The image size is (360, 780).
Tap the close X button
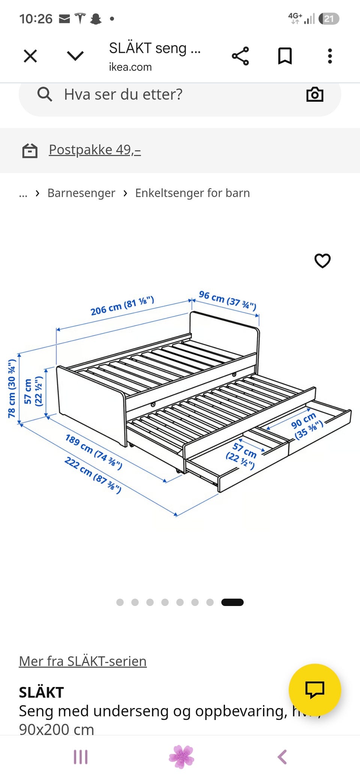30,56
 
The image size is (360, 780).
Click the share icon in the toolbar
240,56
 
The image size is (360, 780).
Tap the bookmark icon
285,56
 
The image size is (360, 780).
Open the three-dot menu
330,56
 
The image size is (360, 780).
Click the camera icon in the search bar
315,94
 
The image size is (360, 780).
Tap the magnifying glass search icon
45,94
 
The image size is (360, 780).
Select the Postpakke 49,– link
95,150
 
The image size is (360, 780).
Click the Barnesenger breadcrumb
81,193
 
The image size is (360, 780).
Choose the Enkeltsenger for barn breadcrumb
192,193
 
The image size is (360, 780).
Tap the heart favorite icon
322,261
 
